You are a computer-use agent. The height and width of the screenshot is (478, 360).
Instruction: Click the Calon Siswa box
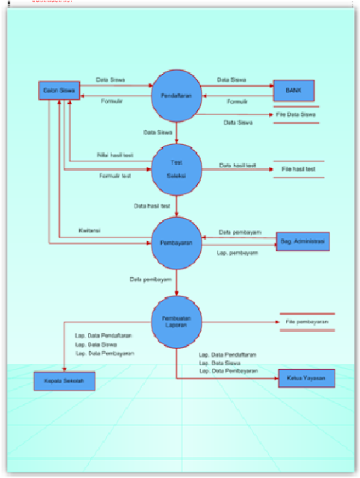[58, 91]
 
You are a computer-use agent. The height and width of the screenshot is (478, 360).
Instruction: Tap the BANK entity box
[294, 90]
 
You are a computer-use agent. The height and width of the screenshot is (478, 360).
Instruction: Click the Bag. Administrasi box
[302, 242]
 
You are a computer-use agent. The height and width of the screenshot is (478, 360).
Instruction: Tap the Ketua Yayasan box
[306, 379]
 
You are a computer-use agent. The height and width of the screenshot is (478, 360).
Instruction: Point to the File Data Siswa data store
[297, 114]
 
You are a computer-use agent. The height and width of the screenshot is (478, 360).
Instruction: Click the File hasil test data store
[298, 170]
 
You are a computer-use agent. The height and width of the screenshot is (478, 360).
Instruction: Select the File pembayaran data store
[306, 322]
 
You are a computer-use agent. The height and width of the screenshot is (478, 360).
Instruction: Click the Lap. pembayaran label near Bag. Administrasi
[238, 253]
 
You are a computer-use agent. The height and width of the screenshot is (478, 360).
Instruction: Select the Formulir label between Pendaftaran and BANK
[238, 101]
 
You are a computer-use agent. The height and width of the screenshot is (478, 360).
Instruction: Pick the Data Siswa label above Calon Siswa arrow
[110, 78]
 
